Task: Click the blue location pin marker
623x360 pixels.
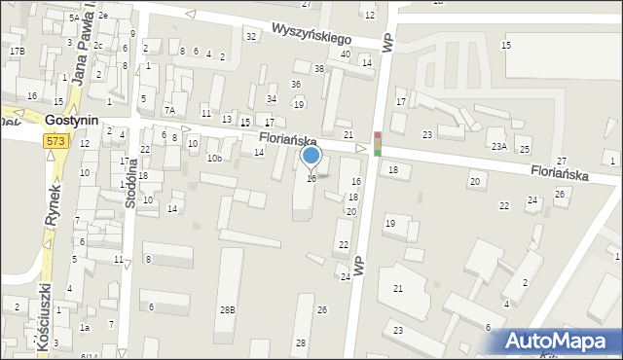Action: [311, 156]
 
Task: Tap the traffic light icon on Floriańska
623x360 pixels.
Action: [378, 143]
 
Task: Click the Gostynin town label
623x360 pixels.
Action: [72, 120]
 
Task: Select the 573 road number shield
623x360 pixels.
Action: [55, 142]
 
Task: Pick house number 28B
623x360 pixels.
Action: [227, 309]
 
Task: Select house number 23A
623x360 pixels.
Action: [498, 146]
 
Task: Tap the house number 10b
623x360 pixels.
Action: [214, 158]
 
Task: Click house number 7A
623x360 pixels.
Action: [168, 110]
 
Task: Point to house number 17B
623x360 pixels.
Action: [17, 51]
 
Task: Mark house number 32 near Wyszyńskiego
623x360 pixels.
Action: [251, 36]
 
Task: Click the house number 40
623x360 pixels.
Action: [346, 54]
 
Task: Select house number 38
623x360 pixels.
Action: [319, 68]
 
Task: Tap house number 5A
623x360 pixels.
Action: [74, 18]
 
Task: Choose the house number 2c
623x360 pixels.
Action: [98, 45]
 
